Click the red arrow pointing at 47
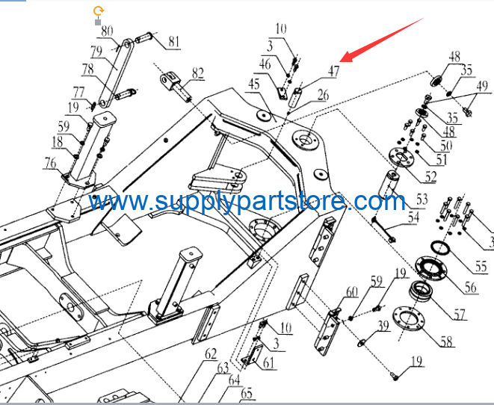pyautogui.click(x=382, y=40)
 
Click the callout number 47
pyautogui.click(x=334, y=71)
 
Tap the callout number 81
pyautogui.click(x=174, y=41)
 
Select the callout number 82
pyautogui.click(x=198, y=73)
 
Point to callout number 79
pyautogui.click(x=96, y=52)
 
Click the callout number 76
pyautogui.click(x=50, y=163)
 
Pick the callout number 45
pyautogui.click(x=254, y=84)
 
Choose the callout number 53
pyautogui.click(x=422, y=199)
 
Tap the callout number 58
pyautogui.click(x=446, y=341)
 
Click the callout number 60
pyautogui.click(x=352, y=292)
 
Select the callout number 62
pyautogui.click(x=211, y=354)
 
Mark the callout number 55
pyautogui.click(x=481, y=267)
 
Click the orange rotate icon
pyautogui.click(x=99, y=11)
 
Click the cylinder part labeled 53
pyautogui.click(x=389, y=184)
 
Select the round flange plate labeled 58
pyautogui.click(x=409, y=318)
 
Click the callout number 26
pyautogui.click(x=323, y=95)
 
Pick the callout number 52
pyautogui.click(x=430, y=176)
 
